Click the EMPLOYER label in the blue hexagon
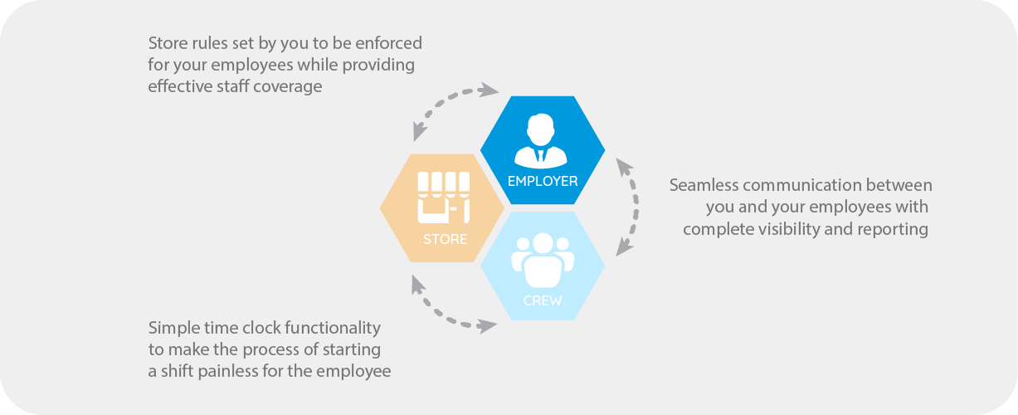point(542,181)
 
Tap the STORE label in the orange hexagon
point(445,240)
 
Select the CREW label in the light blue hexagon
point(542,300)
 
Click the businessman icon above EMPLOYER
point(542,141)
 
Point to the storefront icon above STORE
point(444,197)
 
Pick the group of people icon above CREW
point(542,261)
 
